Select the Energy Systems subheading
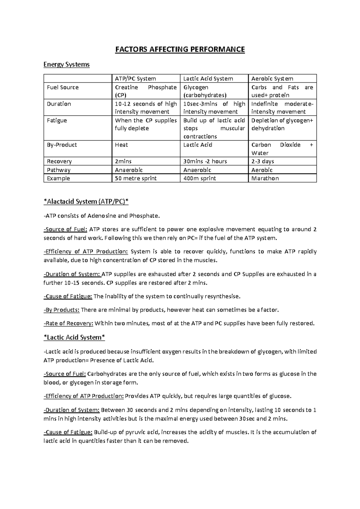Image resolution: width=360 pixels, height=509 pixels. (66, 64)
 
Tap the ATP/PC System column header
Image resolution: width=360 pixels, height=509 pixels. (135, 79)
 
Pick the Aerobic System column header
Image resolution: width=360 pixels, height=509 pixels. (272, 79)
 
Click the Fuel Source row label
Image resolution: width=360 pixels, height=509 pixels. (63, 88)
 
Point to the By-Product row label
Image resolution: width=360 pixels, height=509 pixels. (62, 145)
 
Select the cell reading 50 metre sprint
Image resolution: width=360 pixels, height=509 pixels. (136, 178)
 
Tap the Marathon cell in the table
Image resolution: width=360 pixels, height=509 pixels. (265, 178)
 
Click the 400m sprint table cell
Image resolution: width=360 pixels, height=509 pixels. (199, 178)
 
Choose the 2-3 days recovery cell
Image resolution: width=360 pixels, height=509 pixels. (262, 161)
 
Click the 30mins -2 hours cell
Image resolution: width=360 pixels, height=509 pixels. (205, 161)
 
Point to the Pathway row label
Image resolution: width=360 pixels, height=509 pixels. (58, 170)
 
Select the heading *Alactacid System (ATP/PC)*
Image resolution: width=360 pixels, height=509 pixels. (86, 202)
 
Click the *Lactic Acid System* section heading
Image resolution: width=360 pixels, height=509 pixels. (74, 338)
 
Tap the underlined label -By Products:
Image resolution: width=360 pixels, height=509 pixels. (61, 310)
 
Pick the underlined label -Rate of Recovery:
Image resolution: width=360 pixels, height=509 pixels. (68, 323)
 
